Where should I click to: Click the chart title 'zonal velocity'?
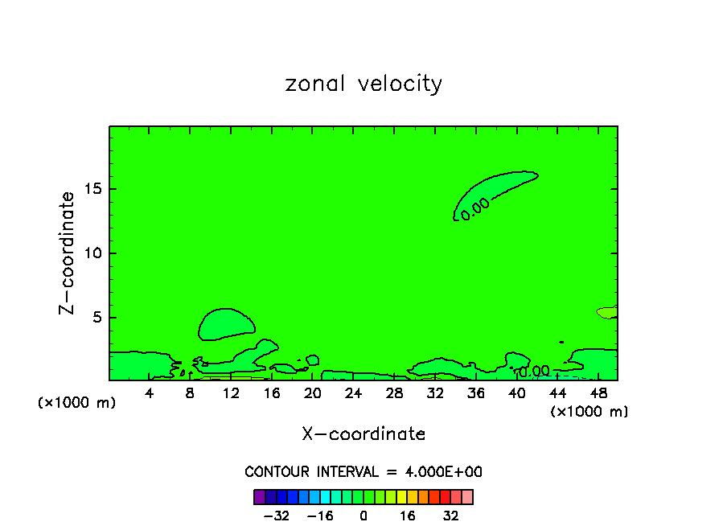363,84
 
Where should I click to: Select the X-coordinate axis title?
363,434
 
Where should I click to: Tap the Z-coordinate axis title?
68,253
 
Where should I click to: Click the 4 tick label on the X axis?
150,393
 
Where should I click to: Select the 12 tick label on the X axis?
231,393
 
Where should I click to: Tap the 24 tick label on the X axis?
353,393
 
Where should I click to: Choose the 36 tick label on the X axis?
475,393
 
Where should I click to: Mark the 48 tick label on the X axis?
598,393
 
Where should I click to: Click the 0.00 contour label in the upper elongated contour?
475,208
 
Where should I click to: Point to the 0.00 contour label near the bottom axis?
534,371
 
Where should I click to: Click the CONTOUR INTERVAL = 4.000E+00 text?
363,472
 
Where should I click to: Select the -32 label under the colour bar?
276,516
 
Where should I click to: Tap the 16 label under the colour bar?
408,516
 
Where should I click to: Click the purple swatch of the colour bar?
259,497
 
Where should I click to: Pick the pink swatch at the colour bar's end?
467,497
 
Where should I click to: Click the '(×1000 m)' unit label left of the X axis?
77,403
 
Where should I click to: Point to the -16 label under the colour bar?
320,516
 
